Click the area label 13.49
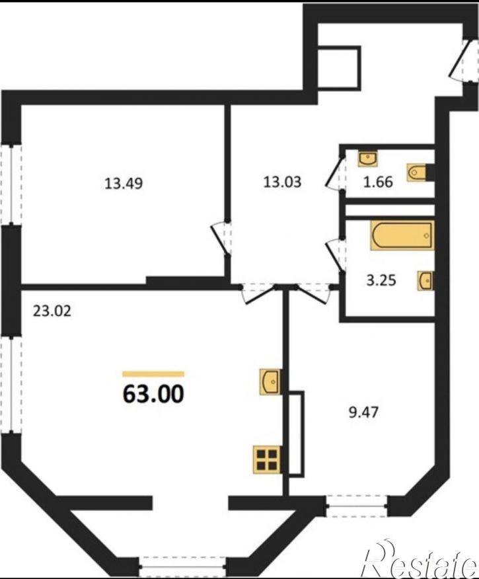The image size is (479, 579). [x=124, y=183]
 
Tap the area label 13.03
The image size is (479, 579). [x=282, y=182]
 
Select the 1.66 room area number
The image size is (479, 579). [x=378, y=182]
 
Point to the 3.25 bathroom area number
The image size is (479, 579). [x=381, y=281]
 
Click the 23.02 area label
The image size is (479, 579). [x=52, y=311]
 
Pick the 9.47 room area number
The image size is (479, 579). [x=364, y=412]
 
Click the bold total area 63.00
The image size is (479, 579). [x=153, y=394]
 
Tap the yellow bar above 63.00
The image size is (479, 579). [x=153, y=374]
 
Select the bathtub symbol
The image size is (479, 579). [x=402, y=235]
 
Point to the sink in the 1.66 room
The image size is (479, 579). [x=367, y=158]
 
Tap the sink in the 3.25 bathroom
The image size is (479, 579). [x=426, y=281]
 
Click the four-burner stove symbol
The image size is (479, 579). [x=267, y=459]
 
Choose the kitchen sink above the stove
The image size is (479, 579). [x=270, y=381]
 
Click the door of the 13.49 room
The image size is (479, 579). [x=221, y=238]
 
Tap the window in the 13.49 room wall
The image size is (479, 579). [x=11, y=184]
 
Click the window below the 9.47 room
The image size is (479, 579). [x=357, y=506]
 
